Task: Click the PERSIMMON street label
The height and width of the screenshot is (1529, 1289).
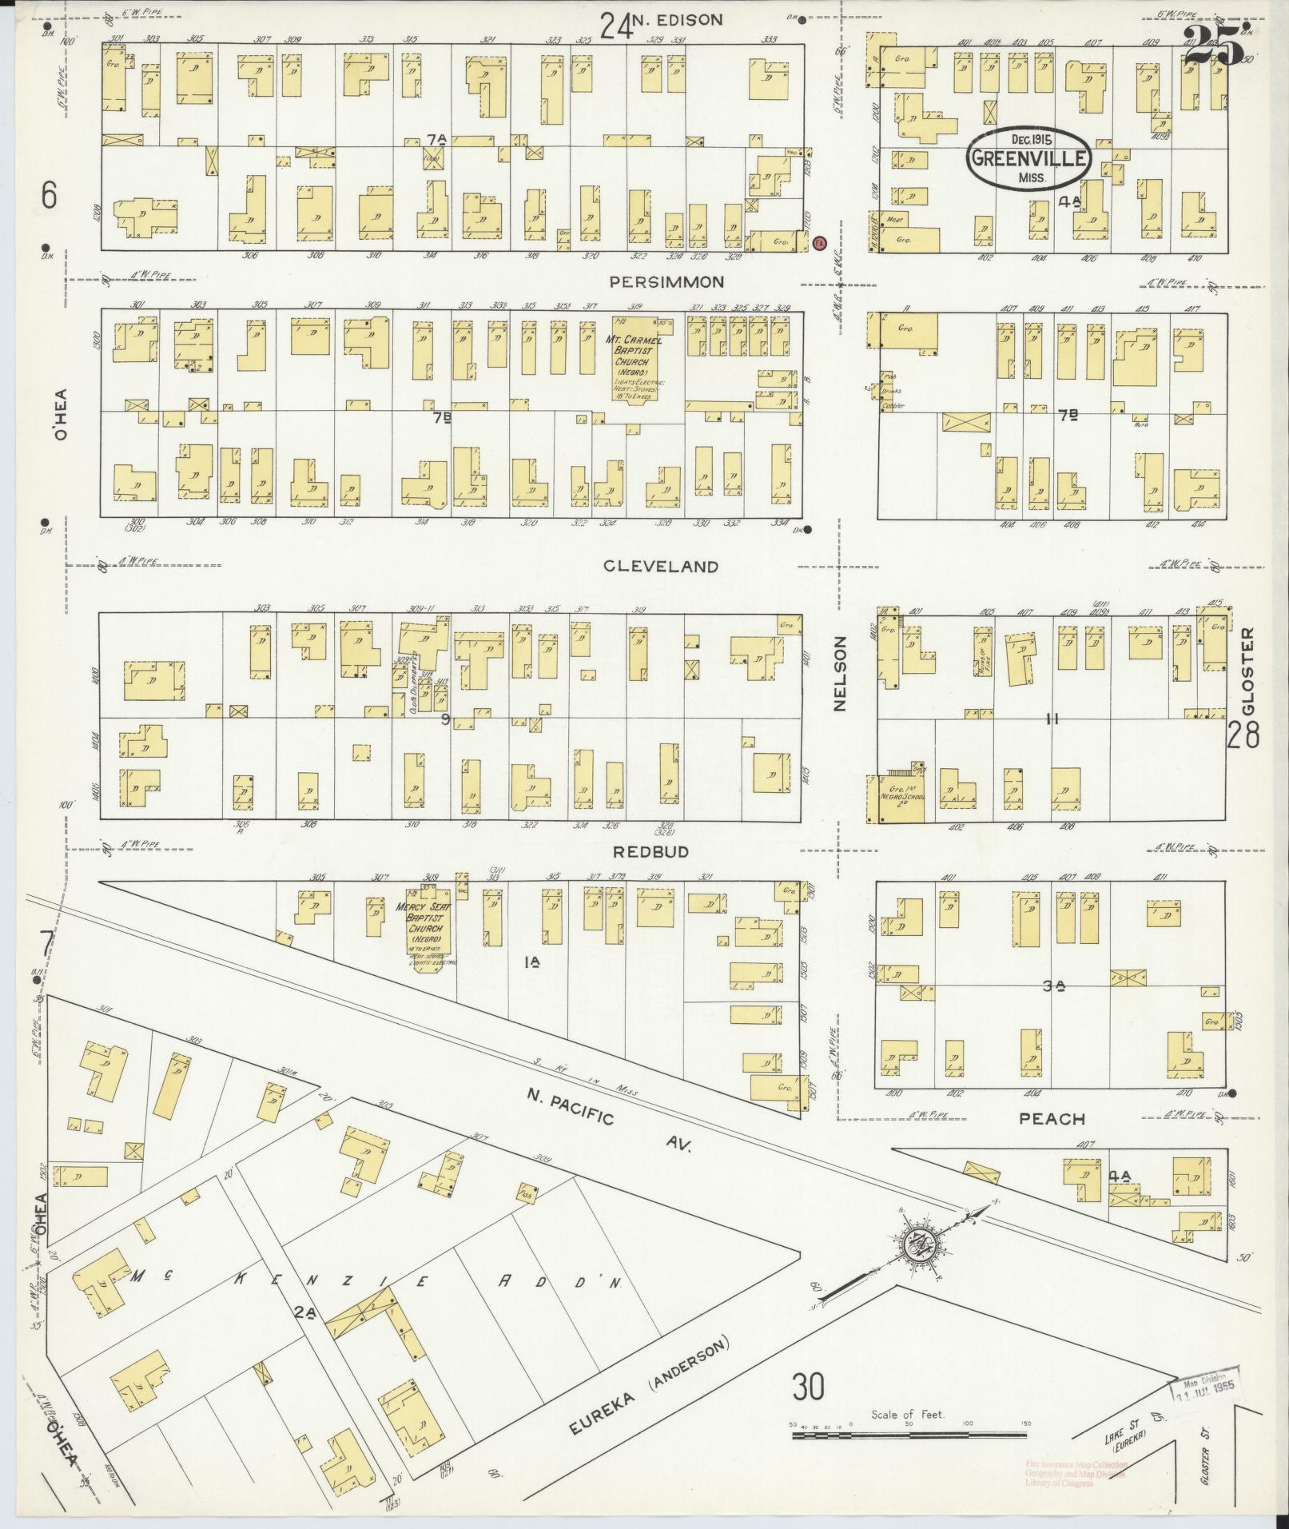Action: [666, 282]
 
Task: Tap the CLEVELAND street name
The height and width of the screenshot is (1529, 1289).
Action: [660, 567]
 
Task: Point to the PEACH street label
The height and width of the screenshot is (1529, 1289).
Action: [1052, 1120]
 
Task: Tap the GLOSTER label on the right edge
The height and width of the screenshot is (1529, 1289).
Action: [1249, 672]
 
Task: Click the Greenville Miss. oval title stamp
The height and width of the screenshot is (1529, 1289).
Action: [1028, 157]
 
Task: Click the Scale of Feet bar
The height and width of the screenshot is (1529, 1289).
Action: [909, 1435]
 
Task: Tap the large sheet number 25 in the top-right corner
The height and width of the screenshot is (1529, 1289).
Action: [1215, 44]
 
